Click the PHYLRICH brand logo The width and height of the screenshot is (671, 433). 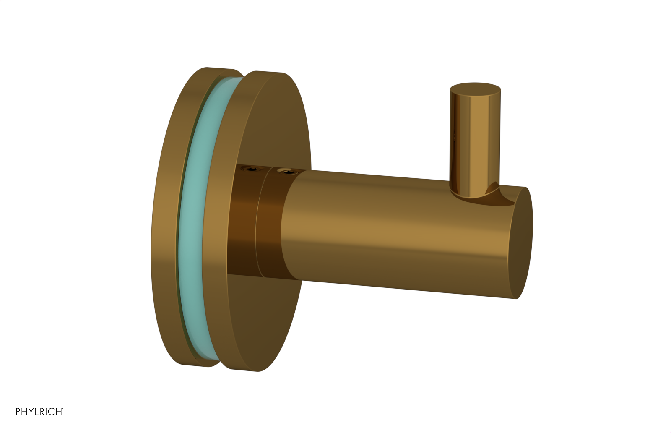pos(39,412)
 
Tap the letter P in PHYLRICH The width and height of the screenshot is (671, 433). pos(18,412)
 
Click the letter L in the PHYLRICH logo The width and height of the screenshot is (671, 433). pos(36,412)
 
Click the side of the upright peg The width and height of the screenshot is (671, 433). pos(474,143)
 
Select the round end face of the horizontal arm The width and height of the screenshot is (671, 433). pos(521,243)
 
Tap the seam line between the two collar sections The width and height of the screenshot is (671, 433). pos(258,222)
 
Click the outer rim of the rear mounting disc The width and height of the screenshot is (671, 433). pos(166,218)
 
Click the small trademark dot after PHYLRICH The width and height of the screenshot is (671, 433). pos(62,408)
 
